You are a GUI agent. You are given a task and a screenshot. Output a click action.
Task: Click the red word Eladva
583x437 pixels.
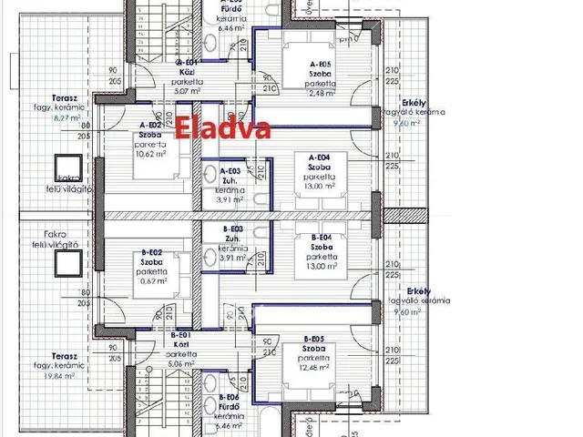tap(223, 128)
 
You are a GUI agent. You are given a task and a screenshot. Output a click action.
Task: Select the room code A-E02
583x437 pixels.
tap(150, 125)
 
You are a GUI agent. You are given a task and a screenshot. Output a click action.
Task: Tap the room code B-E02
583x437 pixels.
tap(151, 251)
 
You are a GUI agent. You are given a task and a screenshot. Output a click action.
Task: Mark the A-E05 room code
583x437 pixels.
tap(318, 65)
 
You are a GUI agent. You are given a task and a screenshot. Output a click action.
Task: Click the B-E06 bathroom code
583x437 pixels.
tap(231, 399)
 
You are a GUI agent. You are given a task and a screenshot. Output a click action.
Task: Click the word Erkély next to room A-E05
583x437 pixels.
tap(403, 103)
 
